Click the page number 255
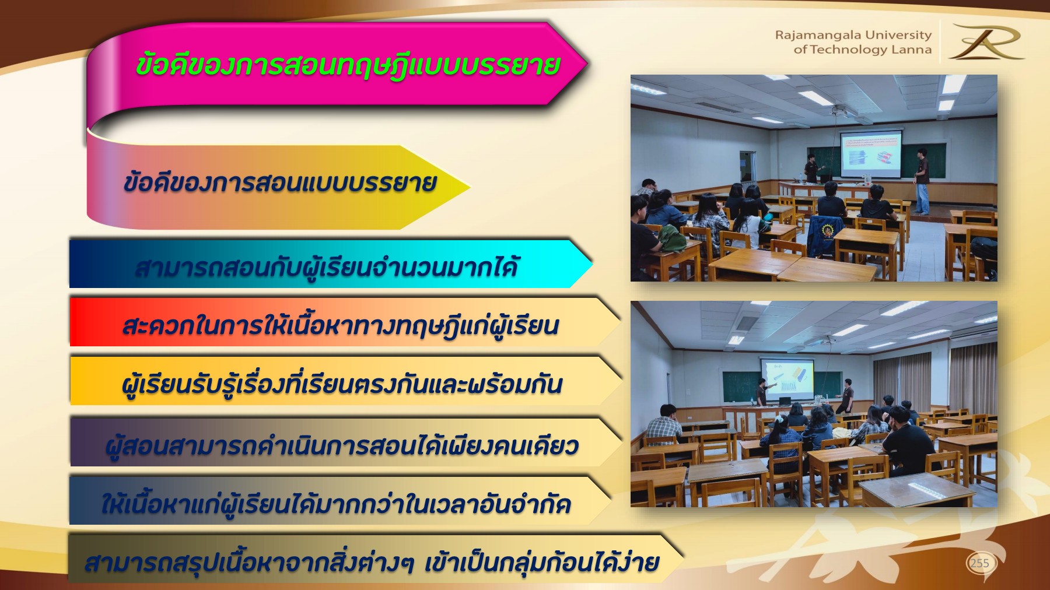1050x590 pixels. (979, 563)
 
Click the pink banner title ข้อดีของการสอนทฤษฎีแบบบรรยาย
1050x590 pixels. (348, 65)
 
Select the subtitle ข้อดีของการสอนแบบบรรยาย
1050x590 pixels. (279, 183)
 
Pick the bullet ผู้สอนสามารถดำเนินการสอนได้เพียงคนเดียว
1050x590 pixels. (342, 446)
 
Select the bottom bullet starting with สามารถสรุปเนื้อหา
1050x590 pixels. (372, 563)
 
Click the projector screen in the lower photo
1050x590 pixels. (787, 378)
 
